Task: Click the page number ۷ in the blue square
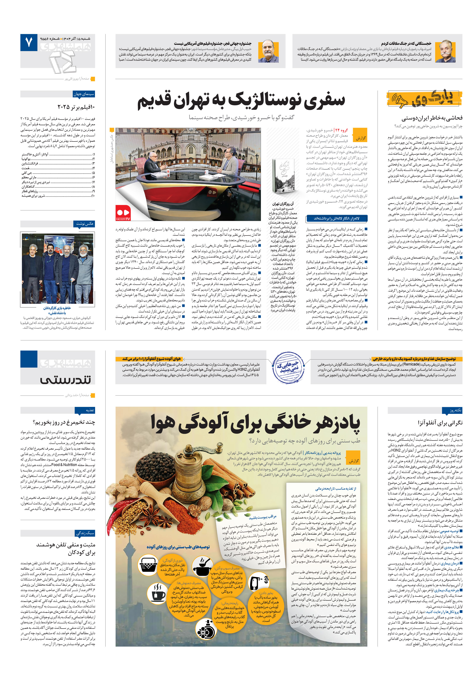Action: pyautogui.click(x=29, y=42)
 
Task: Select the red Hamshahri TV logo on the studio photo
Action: pyautogui.click(x=123, y=213)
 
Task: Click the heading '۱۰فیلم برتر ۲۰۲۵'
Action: pyautogui.click(x=76, y=107)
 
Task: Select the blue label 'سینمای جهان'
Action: pyautogui.click(x=84, y=94)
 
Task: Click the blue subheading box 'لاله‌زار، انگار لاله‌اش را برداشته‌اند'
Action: pyautogui.click(x=337, y=218)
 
